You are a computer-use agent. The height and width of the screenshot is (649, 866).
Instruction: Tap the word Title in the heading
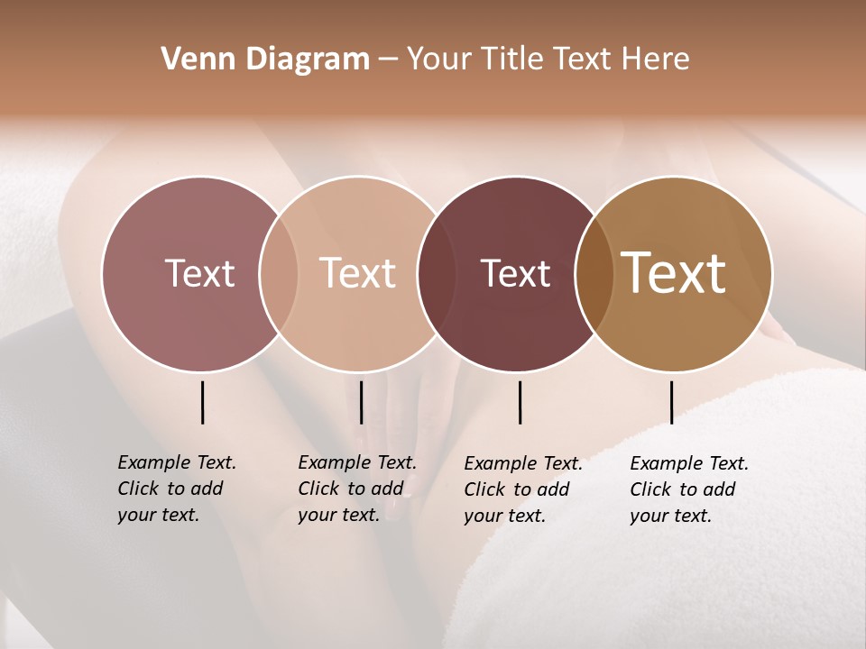[x=512, y=59]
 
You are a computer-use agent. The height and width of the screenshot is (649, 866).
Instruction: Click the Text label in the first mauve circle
[x=199, y=273]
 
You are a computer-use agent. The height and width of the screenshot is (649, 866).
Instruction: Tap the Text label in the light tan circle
[x=358, y=273]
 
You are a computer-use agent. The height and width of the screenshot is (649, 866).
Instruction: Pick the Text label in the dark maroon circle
[x=516, y=273]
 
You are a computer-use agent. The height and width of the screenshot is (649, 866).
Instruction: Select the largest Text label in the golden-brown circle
[x=674, y=273]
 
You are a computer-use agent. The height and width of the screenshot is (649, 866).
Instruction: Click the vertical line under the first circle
[x=202, y=402]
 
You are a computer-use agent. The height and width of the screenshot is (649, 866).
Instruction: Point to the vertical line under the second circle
[x=361, y=402]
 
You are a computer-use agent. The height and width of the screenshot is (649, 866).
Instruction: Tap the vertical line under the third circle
[x=520, y=402]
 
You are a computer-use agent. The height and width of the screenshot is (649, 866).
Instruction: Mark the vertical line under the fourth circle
[x=671, y=402]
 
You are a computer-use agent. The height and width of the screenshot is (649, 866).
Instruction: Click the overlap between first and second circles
[x=279, y=273]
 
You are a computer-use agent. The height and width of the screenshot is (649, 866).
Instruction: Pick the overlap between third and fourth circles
[x=591, y=273]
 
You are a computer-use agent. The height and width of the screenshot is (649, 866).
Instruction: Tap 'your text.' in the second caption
[x=338, y=515]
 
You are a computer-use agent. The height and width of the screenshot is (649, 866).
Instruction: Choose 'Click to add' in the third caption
[x=517, y=489]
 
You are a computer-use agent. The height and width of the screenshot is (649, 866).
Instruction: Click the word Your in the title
[x=438, y=59]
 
